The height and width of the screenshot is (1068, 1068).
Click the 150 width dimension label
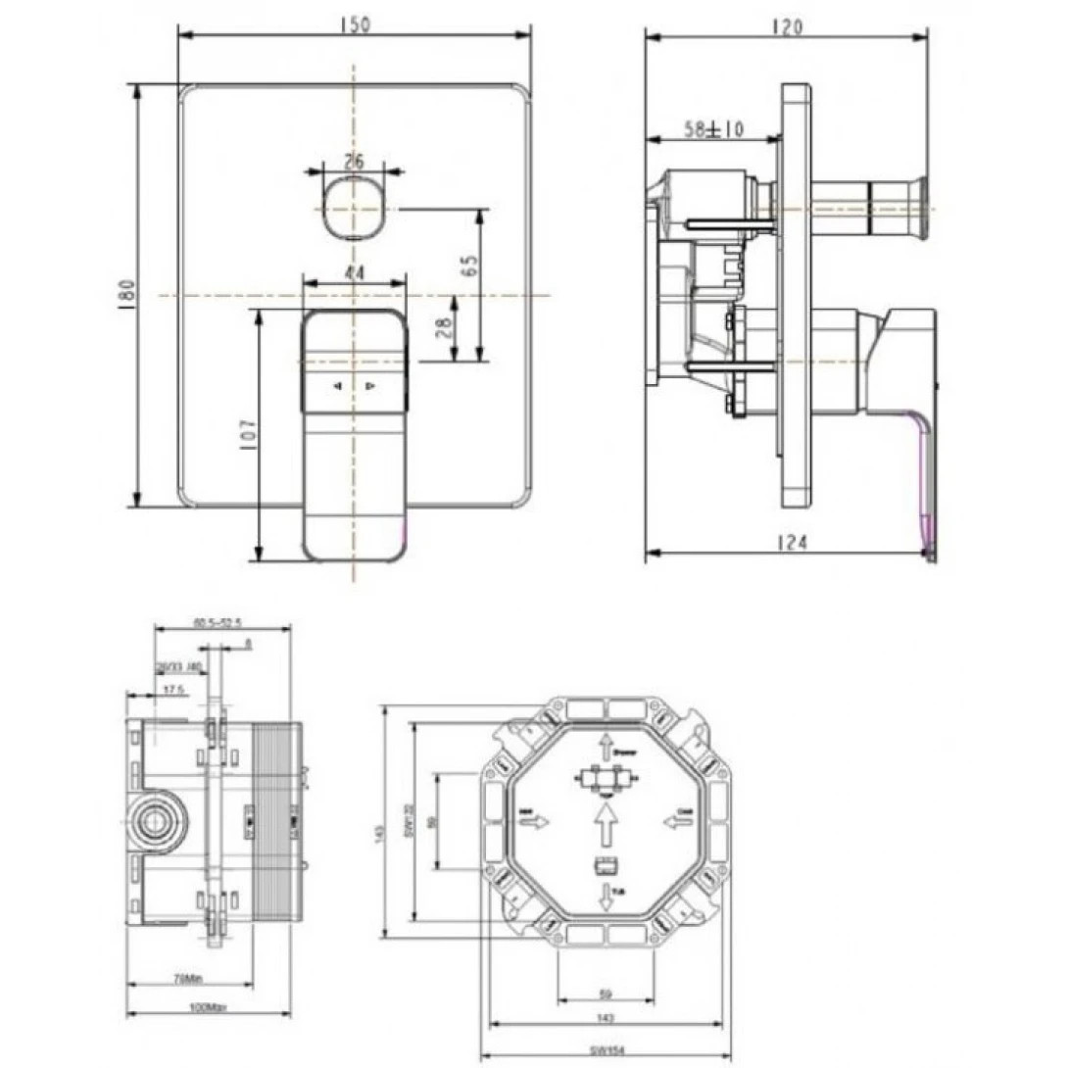click(354, 25)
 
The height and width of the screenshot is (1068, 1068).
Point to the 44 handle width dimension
click(354, 274)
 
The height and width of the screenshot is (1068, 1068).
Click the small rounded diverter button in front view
click(354, 208)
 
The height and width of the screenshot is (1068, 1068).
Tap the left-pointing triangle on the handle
click(338, 386)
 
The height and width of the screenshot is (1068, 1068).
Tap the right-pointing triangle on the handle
click(370, 386)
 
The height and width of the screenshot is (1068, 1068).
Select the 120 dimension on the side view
click(786, 27)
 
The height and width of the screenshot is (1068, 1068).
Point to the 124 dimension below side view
click(790, 541)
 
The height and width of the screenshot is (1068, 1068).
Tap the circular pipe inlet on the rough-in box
click(152, 819)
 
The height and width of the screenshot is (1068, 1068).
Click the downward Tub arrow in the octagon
click(607, 894)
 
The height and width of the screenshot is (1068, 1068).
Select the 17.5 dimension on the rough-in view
click(175, 690)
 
